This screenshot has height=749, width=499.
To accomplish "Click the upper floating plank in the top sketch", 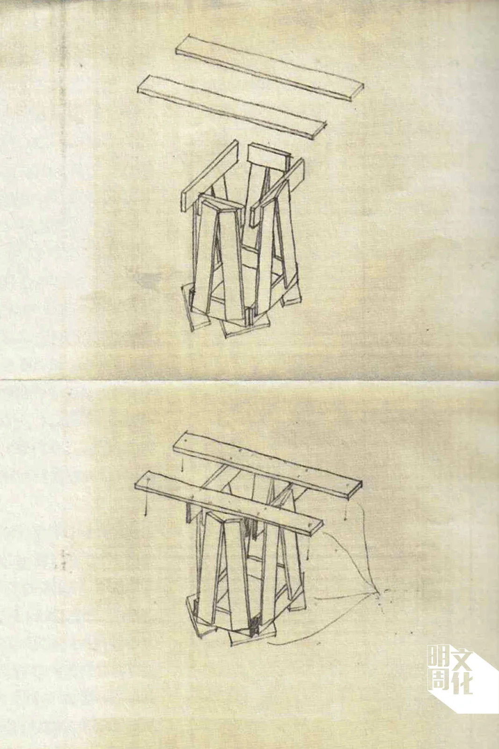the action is pyautogui.click(x=269, y=68).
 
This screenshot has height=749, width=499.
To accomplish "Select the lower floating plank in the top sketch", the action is pyautogui.click(x=231, y=107).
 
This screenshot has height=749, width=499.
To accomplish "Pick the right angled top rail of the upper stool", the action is pyautogui.click(x=278, y=192).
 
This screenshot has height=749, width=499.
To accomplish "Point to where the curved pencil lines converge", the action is pyautogui.click(x=377, y=593).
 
